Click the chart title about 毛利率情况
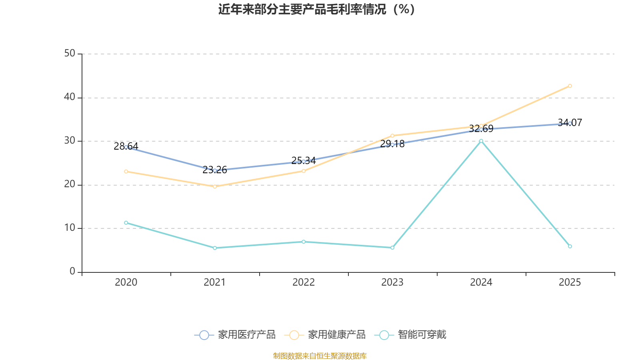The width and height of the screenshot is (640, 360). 316,10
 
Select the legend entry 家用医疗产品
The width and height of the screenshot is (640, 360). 235,335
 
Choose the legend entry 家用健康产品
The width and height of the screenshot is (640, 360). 325,335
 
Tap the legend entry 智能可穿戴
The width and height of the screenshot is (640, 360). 410,335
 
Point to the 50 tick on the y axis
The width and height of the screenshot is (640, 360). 70,54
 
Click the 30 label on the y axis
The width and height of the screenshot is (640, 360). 70,141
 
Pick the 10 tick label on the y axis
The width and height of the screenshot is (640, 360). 70,228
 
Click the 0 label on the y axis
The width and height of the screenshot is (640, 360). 72,272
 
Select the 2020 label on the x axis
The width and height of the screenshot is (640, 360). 126,282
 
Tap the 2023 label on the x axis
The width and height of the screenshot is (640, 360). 392,282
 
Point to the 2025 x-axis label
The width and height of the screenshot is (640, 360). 570,282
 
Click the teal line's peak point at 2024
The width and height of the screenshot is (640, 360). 481,141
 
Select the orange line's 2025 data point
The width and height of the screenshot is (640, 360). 570,86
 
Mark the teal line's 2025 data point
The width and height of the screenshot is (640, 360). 570,246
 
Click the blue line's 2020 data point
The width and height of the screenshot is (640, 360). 126,147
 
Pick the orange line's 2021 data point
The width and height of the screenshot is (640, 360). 215,186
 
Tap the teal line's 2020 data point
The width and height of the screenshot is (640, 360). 126,222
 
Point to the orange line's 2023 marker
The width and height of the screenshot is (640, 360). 392,136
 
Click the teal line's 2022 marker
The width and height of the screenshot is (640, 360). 304,242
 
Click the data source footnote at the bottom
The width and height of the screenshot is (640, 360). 320,356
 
